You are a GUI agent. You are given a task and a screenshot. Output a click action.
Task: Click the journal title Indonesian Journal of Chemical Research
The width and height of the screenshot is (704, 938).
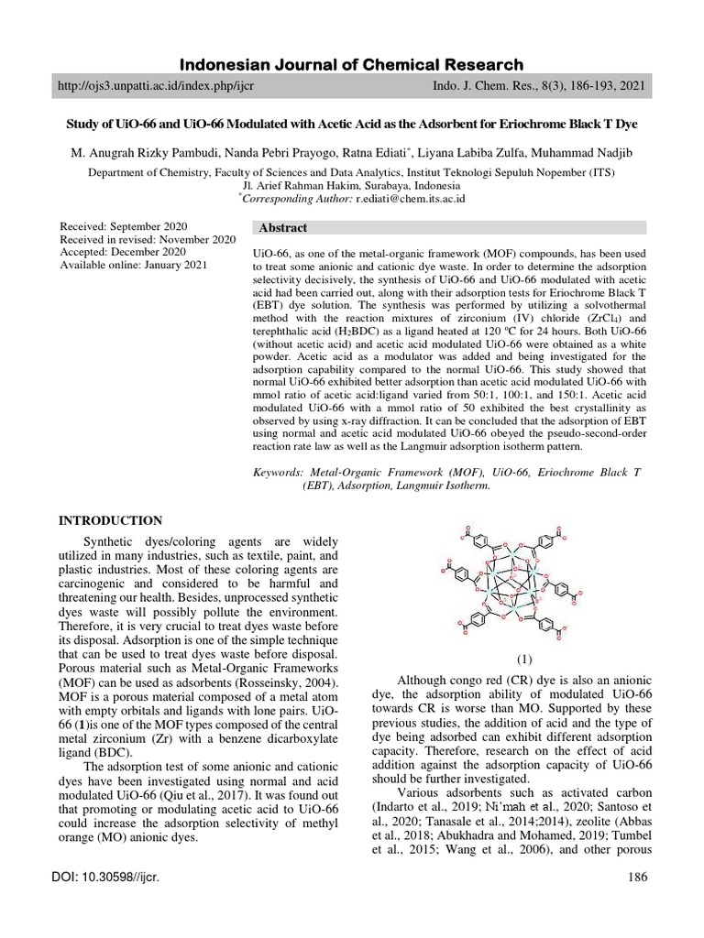pos(351,64)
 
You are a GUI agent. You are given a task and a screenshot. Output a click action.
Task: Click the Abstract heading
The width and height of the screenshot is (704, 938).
pos(283,228)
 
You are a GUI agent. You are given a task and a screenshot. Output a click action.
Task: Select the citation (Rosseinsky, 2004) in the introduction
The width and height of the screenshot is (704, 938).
pos(270,684)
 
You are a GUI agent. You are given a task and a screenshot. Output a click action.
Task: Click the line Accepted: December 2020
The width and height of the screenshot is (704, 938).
pos(123,253)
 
